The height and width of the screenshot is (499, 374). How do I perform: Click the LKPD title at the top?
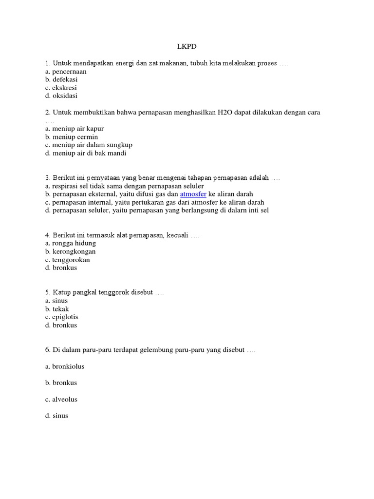pos(187,47)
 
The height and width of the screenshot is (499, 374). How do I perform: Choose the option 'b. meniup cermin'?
pos(71,137)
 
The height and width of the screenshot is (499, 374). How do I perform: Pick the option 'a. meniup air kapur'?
pos(74,129)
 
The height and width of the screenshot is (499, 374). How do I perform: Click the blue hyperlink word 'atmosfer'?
pos(193,194)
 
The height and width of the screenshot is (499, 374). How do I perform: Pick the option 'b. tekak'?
pos(57,309)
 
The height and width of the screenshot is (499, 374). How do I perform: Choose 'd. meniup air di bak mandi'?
pos(85,154)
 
